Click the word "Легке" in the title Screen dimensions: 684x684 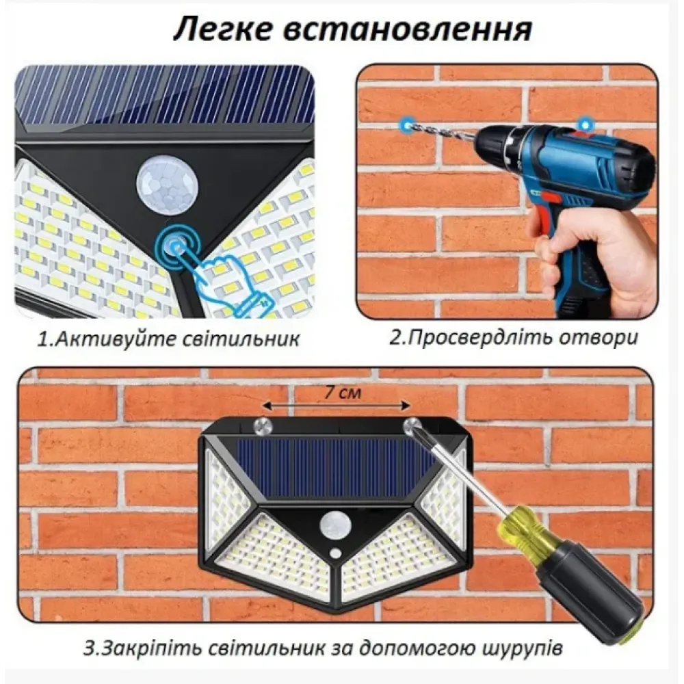tap(225, 30)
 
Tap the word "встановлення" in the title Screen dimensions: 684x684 tap(408, 30)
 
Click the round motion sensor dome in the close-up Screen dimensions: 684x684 tap(167, 185)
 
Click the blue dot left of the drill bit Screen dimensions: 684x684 tap(407, 124)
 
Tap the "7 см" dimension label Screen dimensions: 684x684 tap(343, 393)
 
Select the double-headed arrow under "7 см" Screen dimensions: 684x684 tap(336, 406)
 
